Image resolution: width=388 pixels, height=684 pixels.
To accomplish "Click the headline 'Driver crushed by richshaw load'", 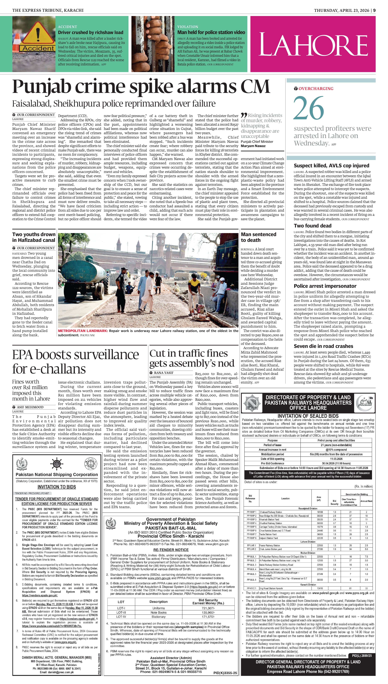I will tap(91, 33).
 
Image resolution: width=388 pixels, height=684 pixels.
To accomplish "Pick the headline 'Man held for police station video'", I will tap(211, 33).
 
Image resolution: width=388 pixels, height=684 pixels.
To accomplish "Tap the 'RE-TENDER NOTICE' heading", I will tap(171, 550).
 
